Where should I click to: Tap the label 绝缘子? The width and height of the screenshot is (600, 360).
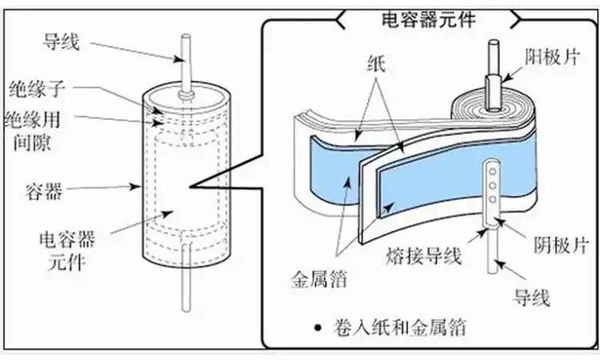pyautogui.click(x=34, y=86)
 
